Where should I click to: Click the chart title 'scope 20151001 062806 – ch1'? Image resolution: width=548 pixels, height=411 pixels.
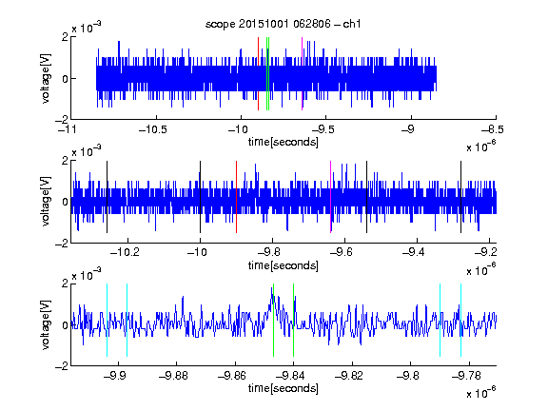[283, 24]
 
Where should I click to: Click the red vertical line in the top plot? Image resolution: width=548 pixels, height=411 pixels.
[258, 74]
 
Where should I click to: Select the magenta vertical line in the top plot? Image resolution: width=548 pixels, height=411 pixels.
[302, 74]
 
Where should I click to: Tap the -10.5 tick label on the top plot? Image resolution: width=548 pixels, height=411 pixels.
[153, 129]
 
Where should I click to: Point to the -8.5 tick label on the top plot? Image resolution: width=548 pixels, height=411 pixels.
[493, 129]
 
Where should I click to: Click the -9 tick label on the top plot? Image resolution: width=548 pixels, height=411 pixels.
[407, 129]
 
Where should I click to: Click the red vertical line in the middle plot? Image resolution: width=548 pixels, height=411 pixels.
[237, 197]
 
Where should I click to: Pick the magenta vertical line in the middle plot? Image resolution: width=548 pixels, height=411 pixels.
[331, 197]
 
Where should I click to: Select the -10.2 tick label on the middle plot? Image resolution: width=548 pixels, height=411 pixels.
[125, 252]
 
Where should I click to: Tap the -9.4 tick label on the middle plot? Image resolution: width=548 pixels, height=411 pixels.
[414, 252]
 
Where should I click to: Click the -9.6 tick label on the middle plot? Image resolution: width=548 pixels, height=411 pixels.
[342, 252]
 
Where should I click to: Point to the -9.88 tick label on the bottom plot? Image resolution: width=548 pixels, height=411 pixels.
[173, 376]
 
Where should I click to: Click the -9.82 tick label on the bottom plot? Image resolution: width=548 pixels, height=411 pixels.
[349, 376]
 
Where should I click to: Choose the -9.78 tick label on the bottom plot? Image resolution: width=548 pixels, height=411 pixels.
[466, 376]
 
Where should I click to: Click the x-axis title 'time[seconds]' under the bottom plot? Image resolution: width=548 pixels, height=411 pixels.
[284, 388]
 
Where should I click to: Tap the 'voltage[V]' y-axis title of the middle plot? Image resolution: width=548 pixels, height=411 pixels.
[46, 202]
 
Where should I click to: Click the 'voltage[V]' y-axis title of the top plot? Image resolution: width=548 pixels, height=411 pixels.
[46, 78]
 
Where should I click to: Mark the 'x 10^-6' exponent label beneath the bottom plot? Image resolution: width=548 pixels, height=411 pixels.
[481, 392]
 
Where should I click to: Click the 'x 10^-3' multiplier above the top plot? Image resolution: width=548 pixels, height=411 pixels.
[87, 28]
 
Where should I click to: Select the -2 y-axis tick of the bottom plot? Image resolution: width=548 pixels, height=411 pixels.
[62, 366]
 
